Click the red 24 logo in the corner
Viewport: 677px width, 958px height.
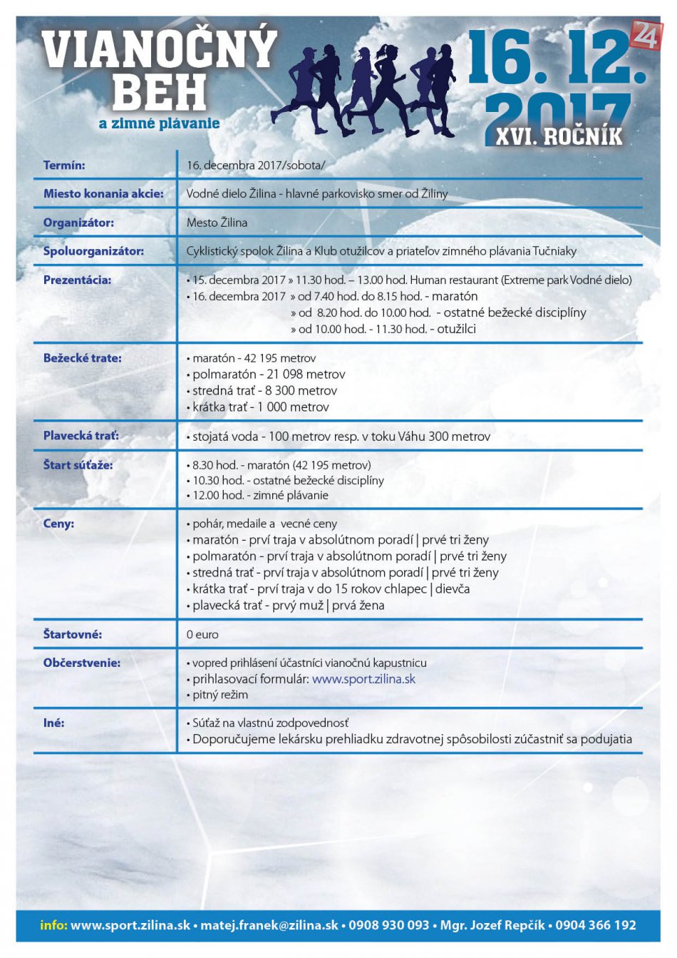click(x=646, y=35)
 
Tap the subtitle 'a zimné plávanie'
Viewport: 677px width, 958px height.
click(x=159, y=123)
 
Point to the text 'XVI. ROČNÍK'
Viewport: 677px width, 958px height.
click(x=559, y=136)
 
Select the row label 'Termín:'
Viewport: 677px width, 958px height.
click(x=64, y=165)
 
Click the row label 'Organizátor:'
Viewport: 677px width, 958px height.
click(x=78, y=223)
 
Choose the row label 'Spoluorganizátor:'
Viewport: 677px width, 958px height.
click(x=93, y=251)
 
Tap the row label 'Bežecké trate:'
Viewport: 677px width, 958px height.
click(x=82, y=358)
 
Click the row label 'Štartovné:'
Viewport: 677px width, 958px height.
click(x=73, y=634)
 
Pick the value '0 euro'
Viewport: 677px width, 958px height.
click(x=202, y=634)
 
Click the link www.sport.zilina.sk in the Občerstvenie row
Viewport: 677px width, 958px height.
click(x=363, y=679)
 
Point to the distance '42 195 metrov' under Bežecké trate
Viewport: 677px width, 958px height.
click(x=279, y=358)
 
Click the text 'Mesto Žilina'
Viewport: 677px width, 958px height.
click(x=217, y=223)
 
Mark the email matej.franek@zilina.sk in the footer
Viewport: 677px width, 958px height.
click(x=269, y=925)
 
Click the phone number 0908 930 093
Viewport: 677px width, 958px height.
click(x=389, y=925)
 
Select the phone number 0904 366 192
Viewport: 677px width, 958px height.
click(x=596, y=925)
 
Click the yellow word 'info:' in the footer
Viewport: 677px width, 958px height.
click(x=53, y=925)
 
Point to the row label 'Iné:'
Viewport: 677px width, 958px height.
click(x=53, y=723)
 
